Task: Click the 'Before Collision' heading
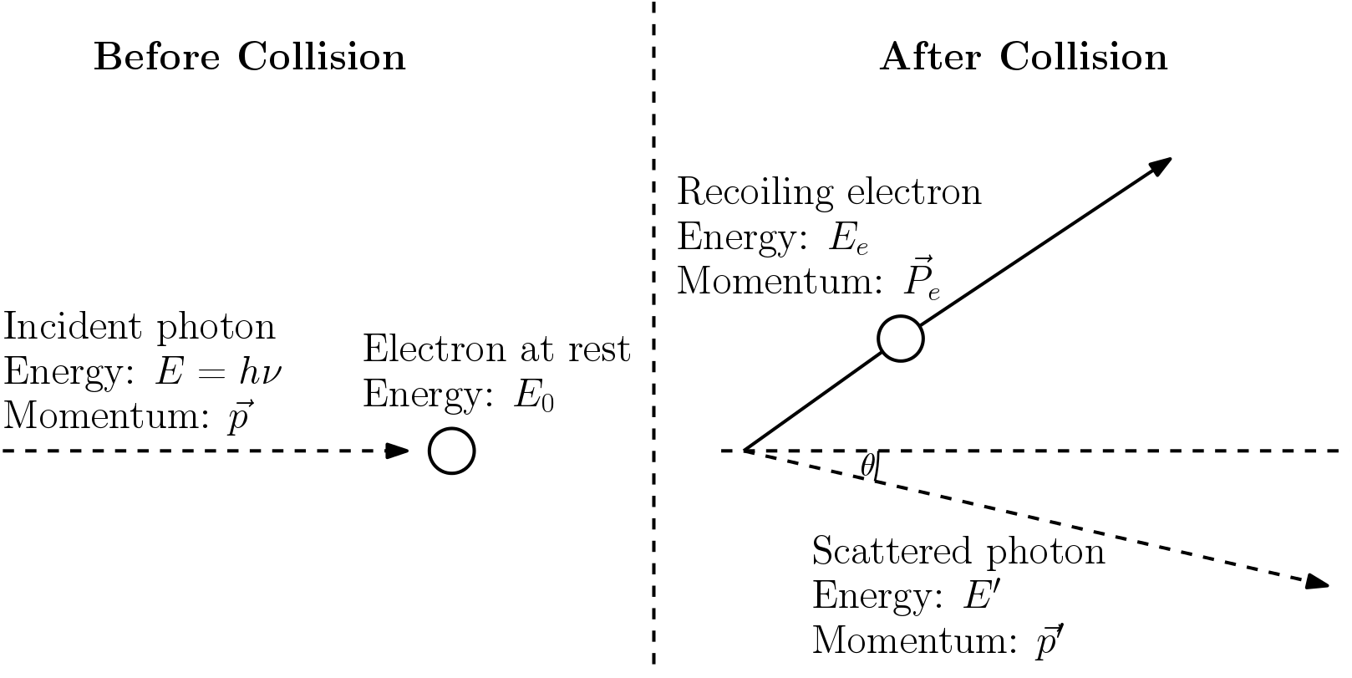[249, 57]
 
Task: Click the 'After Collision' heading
[1023, 57]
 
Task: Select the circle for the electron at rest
[452, 451]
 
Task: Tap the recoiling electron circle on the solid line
[901, 339]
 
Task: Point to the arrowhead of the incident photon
[398, 451]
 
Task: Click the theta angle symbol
[867, 466]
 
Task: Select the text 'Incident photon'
[140, 327]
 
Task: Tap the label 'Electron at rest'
[496, 349]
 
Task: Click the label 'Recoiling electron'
[829, 191]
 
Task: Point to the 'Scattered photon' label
[958, 552]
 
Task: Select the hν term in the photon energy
[260, 372]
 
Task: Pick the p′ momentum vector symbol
[1049, 640]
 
